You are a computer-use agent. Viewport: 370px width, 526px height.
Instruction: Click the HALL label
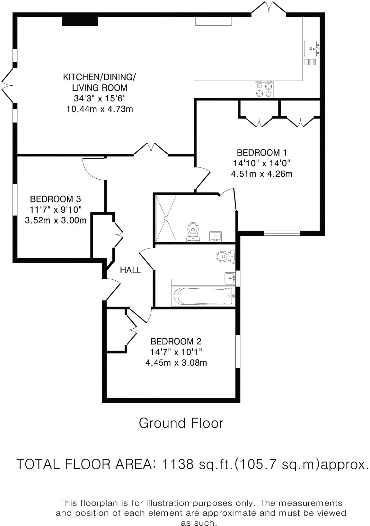pos(130,270)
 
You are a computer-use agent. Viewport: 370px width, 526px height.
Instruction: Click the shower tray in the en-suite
pos(166,218)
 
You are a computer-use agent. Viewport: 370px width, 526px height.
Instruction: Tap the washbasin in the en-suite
pos(215,237)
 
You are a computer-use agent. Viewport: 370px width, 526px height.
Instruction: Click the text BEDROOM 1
pos(261,152)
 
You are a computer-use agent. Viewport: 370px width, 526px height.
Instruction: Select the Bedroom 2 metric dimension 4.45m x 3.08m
pos(176,363)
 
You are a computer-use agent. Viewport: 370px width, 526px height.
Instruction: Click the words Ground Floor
pos(181,423)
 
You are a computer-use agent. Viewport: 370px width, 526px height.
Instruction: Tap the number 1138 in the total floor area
pos(178,464)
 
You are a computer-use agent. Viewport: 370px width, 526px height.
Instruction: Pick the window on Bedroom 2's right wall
pos(238,351)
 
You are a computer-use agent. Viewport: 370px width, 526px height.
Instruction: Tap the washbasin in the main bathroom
pos(230,278)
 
